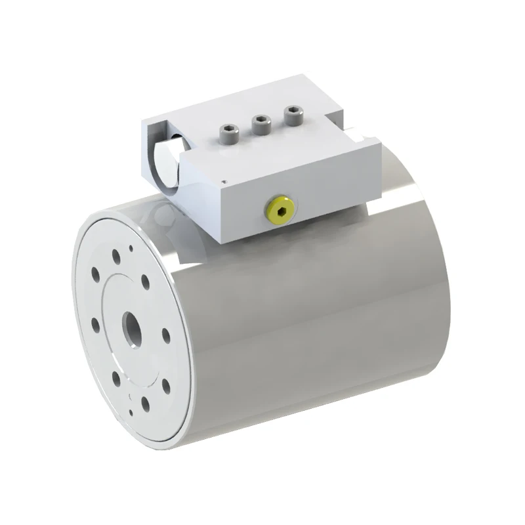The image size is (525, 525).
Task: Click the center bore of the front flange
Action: [131, 324]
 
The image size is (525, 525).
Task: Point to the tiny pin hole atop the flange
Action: [132, 248]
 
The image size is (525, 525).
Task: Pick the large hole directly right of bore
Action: [165, 335]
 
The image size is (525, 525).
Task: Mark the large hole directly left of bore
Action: [96, 324]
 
